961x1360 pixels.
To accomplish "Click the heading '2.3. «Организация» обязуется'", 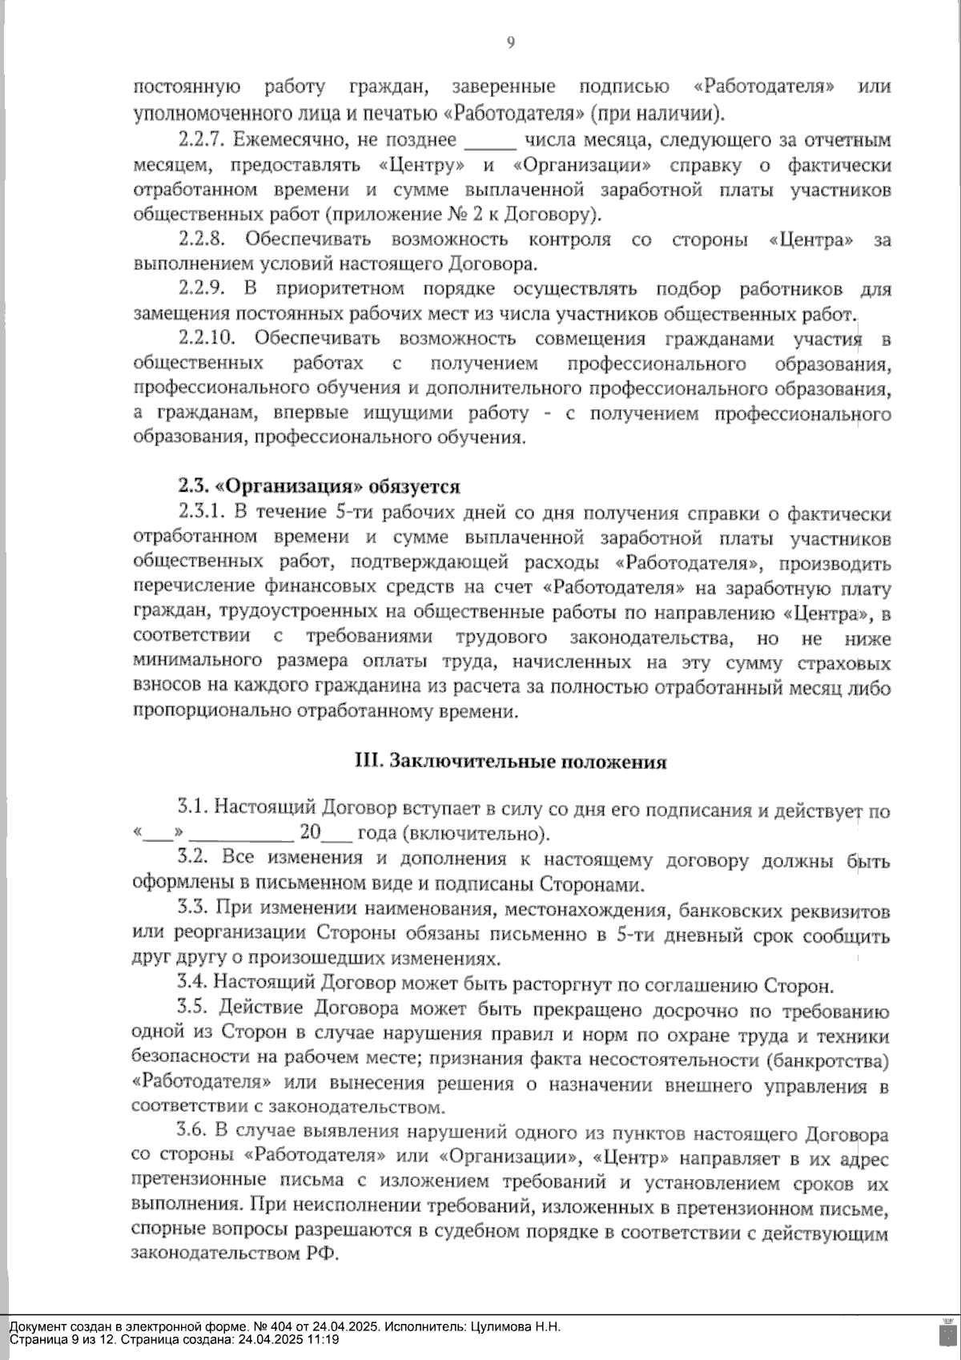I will click(x=319, y=487).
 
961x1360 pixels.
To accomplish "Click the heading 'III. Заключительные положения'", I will click(x=511, y=762).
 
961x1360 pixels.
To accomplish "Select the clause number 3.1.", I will click(x=194, y=811).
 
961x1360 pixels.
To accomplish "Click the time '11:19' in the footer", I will click(x=322, y=1339).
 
